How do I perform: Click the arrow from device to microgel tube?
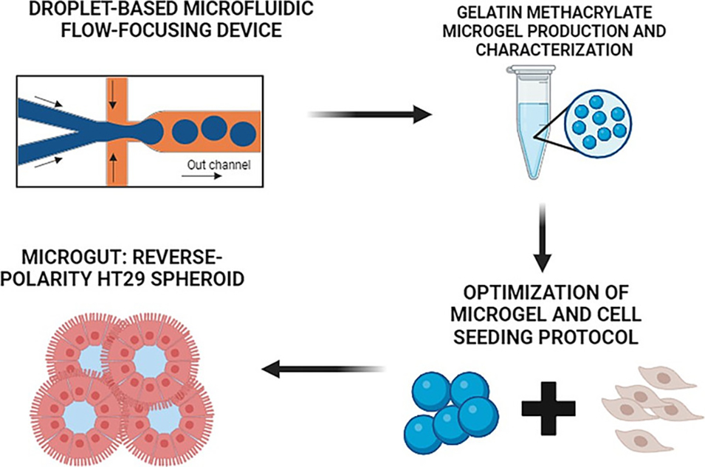(x=368, y=114)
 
